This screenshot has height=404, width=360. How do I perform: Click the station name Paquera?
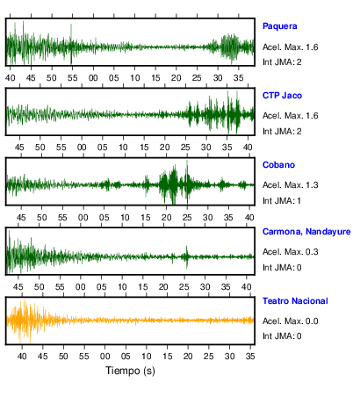coord(279,26)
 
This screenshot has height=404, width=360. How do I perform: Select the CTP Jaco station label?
coord(282,96)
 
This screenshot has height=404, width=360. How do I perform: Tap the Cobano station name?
coord(278,165)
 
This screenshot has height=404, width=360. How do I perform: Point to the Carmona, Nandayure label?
coord(306,232)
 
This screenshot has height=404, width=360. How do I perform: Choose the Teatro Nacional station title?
coord(295,301)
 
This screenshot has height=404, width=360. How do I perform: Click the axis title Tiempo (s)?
coord(130,371)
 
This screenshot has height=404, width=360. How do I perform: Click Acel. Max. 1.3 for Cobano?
coord(290,185)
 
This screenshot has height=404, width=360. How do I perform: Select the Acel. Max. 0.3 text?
coord(290,252)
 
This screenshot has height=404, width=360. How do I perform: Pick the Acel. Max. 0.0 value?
coord(290,321)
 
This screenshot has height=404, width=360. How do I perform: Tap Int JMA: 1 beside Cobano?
coord(282,201)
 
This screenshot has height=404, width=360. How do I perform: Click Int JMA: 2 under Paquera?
coord(282,62)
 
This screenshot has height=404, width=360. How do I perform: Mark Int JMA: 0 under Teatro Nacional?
coord(282,335)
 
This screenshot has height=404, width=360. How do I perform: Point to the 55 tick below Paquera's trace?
coord(72,78)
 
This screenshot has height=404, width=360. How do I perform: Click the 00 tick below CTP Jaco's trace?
coord(82,148)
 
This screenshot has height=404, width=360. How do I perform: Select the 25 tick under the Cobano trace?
coord(187,218)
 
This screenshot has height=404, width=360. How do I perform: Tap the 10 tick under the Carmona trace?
coord(122,287)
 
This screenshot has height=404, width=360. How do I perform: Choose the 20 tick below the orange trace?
coord(188,357)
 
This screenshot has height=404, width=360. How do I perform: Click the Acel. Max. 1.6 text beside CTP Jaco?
coord(290,116)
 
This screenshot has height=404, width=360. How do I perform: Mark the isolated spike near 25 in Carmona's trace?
coord(187,257)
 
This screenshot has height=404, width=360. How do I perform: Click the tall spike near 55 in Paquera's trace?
coord(71,44)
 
